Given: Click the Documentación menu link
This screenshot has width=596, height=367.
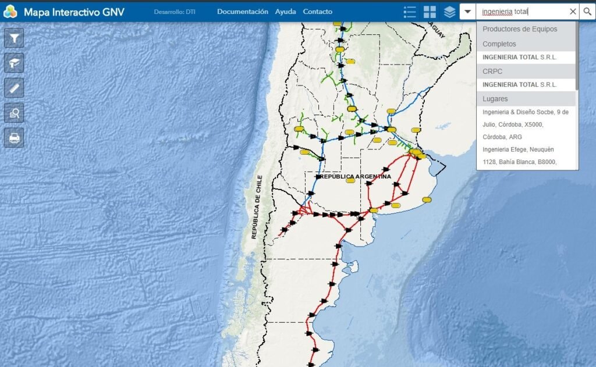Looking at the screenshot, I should (242, 12).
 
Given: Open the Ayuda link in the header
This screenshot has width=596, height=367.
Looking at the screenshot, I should (285, 12).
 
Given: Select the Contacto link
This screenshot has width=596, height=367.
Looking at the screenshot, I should (317, 12).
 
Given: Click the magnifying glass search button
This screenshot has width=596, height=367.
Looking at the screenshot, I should (587, 12).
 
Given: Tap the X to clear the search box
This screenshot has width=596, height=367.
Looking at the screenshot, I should (572, 12).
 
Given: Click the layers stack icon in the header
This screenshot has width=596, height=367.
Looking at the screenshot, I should (449, 12).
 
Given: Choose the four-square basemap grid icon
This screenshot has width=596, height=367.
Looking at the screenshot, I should (430, 12).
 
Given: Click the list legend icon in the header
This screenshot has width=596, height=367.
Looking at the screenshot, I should (410, 12).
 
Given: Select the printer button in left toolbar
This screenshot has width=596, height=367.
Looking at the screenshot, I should (14, 138).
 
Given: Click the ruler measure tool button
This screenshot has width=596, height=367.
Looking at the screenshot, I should (14, 88).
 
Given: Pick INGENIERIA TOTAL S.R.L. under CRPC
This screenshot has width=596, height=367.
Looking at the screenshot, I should (519, 85).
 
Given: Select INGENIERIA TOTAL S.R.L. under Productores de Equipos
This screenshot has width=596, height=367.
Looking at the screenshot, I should (519, 58).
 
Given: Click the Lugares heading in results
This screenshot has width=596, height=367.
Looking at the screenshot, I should (495, 99).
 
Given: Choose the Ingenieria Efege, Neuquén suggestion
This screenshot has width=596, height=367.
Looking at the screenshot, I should (518, 149).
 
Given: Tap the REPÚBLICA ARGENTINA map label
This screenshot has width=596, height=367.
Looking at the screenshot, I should (354, 176).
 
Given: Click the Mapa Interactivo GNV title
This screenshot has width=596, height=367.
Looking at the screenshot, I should (74, 12).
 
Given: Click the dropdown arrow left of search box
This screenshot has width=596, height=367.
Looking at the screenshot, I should (467, 12).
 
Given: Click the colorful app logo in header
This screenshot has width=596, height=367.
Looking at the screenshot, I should (10, 12).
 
